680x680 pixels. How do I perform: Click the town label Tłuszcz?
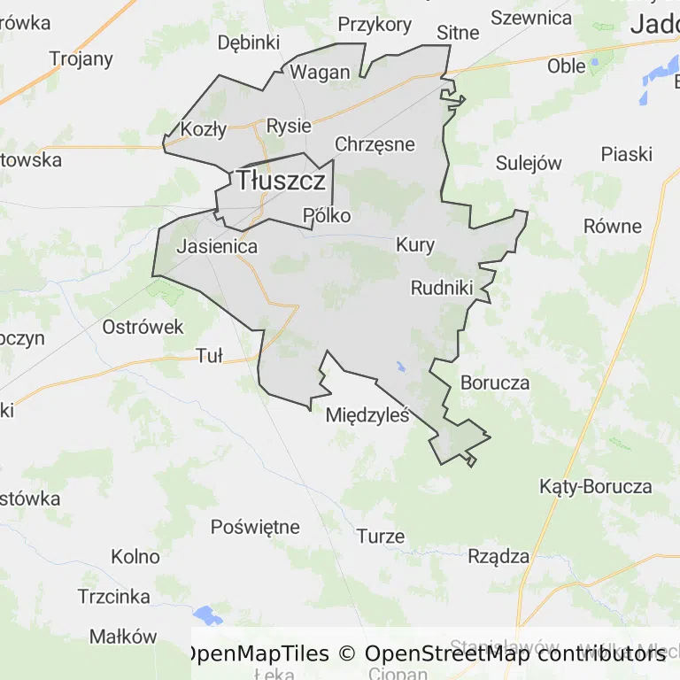pos(281,181)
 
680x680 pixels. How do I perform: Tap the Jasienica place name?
pos(217,246)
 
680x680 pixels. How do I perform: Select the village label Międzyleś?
pos(367,413)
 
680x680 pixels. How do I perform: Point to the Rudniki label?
pos(442,287)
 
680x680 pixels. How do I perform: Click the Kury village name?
pos(415,245)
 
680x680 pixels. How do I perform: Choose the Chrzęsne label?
pos(375,143)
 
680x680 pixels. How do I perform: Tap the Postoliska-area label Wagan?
pos(321,73)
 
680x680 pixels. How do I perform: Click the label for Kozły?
pos(204,129)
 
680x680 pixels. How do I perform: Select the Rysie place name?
pos(289,126)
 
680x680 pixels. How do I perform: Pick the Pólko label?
pos(327,215)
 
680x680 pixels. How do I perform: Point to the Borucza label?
pos(495,383)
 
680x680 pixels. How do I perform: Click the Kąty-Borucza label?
pos(596,486)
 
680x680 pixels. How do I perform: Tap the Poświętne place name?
pos(255,527)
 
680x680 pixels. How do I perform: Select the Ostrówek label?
pos(143,327)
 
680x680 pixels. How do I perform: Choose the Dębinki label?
pos(249,42)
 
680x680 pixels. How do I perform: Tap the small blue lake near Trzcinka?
pos(207,614)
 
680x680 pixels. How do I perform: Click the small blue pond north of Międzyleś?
pos(401,366)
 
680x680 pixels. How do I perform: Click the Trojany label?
pos(81,59)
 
